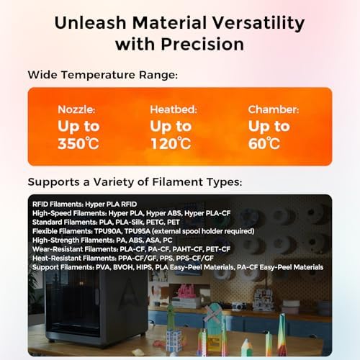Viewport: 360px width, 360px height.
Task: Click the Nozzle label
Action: (x=75, y=110)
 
